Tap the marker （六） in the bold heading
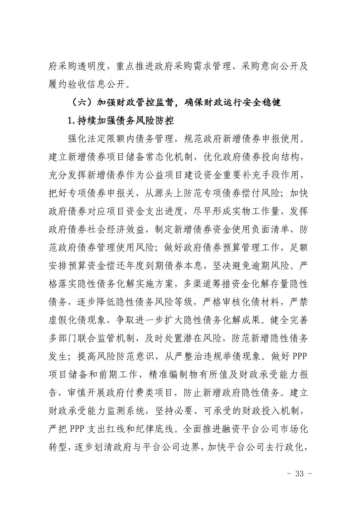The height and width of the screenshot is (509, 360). [81, 102]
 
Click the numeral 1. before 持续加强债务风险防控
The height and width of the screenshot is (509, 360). [71, 121]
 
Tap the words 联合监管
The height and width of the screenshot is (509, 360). [102, 338]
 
